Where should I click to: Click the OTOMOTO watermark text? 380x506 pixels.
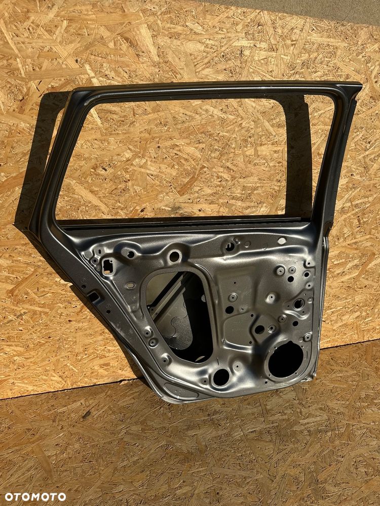35,497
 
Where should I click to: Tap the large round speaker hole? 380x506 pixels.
286,360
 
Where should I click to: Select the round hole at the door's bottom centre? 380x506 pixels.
221,377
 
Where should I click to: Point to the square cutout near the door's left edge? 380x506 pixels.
107,267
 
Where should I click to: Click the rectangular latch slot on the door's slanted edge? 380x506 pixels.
94,297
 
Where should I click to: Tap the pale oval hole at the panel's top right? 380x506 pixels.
282,241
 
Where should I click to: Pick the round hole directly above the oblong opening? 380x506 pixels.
174,257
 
